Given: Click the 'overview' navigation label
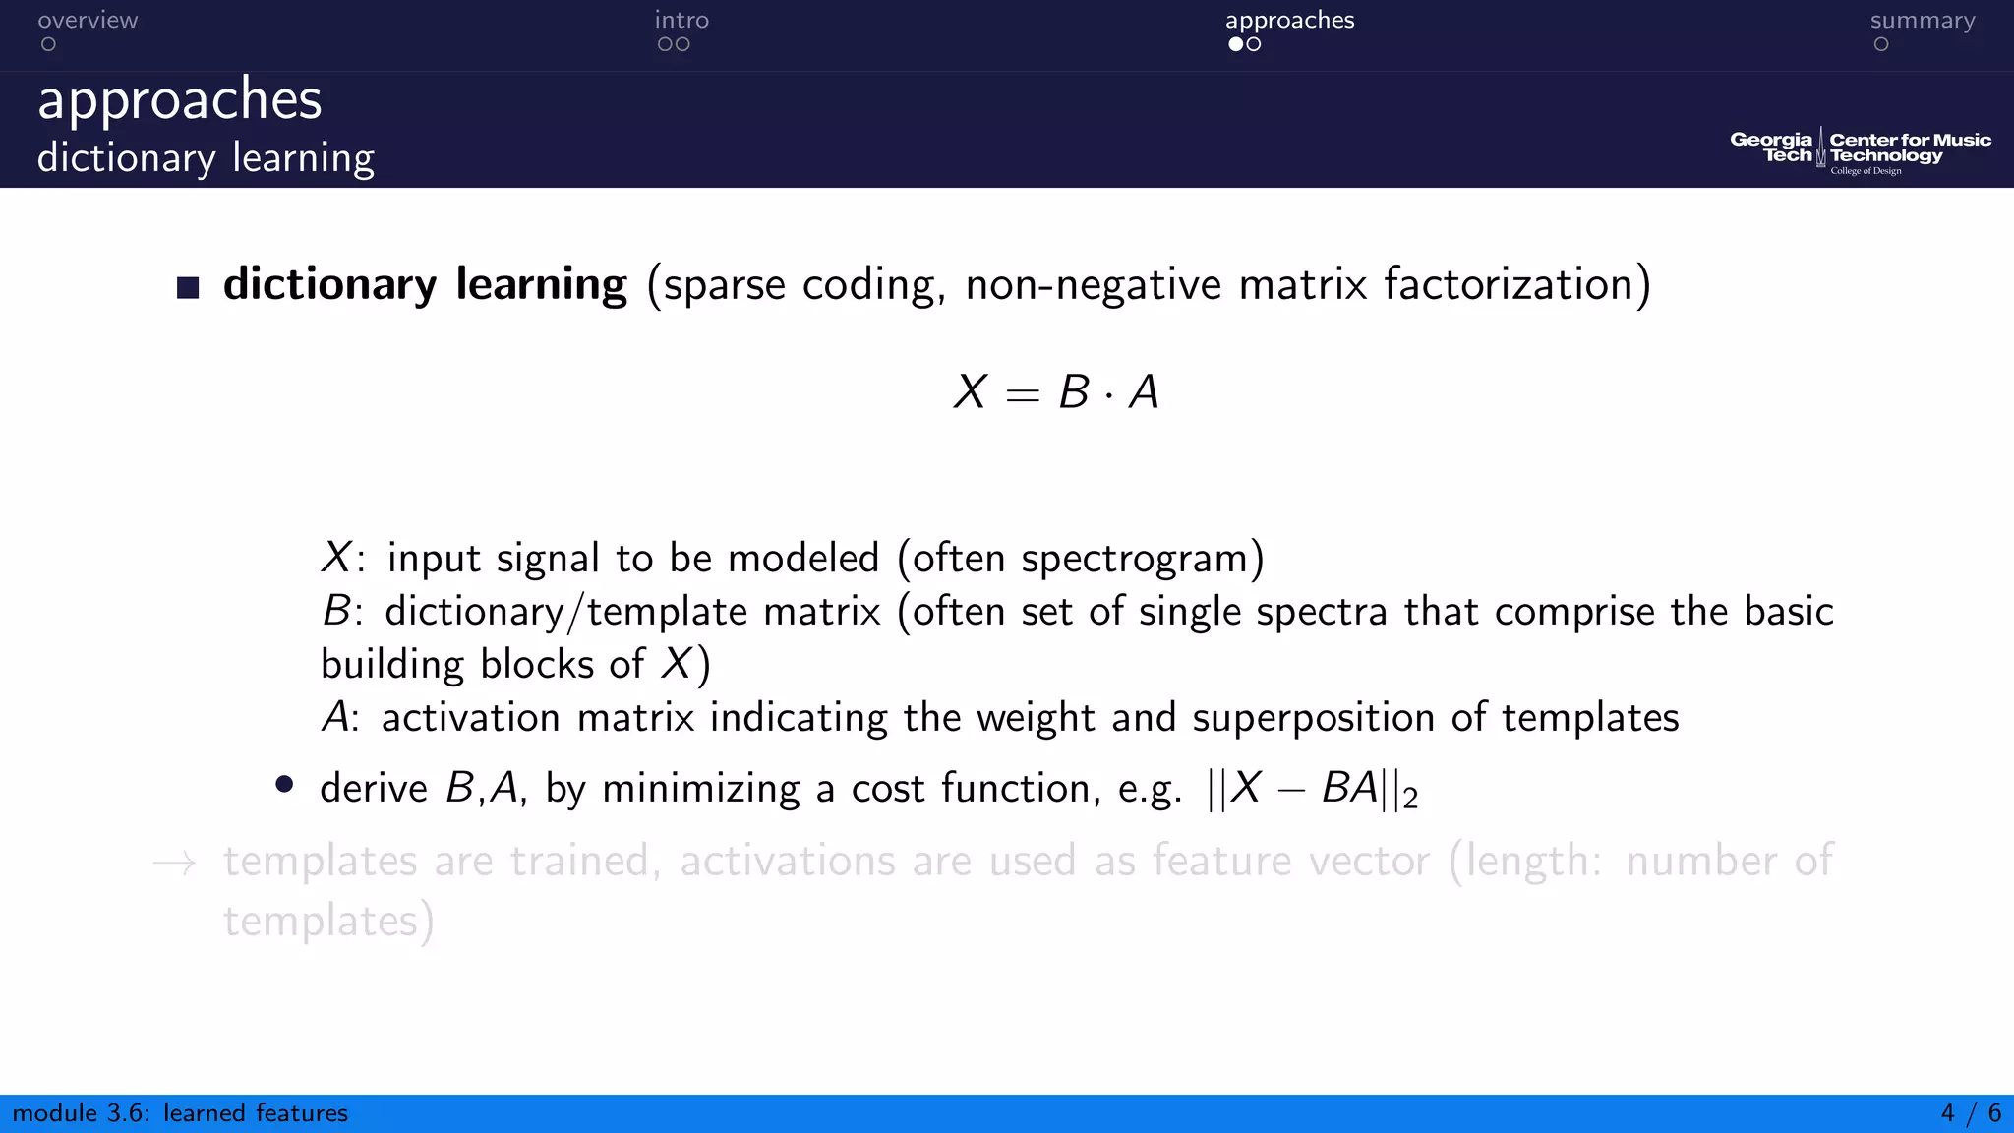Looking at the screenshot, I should pos(88,21).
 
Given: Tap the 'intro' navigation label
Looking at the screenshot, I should pos(681,21).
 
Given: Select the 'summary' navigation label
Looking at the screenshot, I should pos(1922,21).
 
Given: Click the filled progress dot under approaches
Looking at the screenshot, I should pos(1235,44).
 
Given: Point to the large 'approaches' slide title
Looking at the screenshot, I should pos(180,99).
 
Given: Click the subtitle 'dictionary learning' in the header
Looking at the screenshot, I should pos(206,158).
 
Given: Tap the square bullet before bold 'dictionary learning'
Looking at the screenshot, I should pos(188,287).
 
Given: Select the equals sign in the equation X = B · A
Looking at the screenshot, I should pos(1022,394).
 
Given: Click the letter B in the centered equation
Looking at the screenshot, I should pos(1073,392).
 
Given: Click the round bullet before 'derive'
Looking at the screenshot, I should pos(284,784).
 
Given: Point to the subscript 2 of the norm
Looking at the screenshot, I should pos(1410,799).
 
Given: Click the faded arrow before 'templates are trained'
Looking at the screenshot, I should pos(175,864).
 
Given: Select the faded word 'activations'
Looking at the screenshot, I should pos(786,861).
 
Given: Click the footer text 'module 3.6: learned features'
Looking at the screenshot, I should pos(180,1113).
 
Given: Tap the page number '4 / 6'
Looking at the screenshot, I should pos(1971,1113).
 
